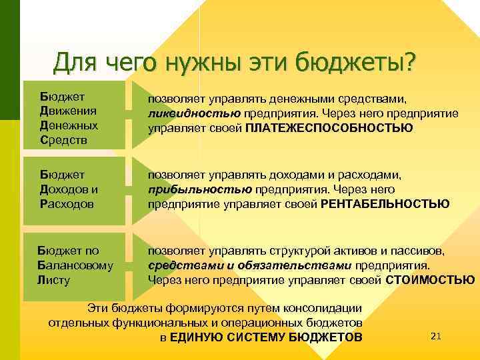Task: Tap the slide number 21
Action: (x=437, y=335)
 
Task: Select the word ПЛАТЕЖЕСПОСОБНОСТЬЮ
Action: (x=329, y=127)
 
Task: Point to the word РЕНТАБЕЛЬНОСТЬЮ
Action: (x=385, y=203)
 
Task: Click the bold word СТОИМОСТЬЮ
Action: (x=431, y=279)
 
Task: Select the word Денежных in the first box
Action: (x=69, y=125)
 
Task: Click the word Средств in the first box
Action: (x=63, y=140)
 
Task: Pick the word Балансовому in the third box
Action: (x=75, y=265)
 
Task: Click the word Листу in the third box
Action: (x=54, y=279)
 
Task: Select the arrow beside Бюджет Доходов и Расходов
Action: (x=137, y=189)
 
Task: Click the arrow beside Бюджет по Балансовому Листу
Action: (x=137, y=265)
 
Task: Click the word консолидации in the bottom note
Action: (x=322, y=308)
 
